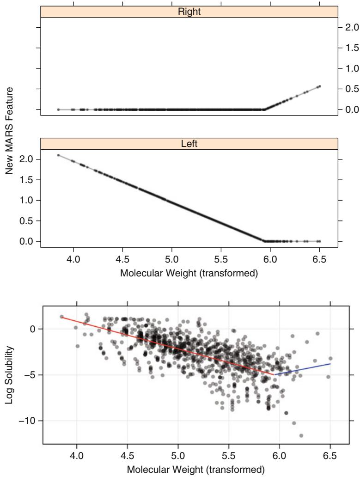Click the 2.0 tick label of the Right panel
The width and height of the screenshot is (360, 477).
[x=349, y=27]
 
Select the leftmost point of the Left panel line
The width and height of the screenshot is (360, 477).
[x=58, y=155]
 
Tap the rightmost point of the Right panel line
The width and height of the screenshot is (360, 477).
[x=319, y=86]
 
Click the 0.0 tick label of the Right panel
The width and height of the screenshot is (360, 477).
[x=349, y=110]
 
